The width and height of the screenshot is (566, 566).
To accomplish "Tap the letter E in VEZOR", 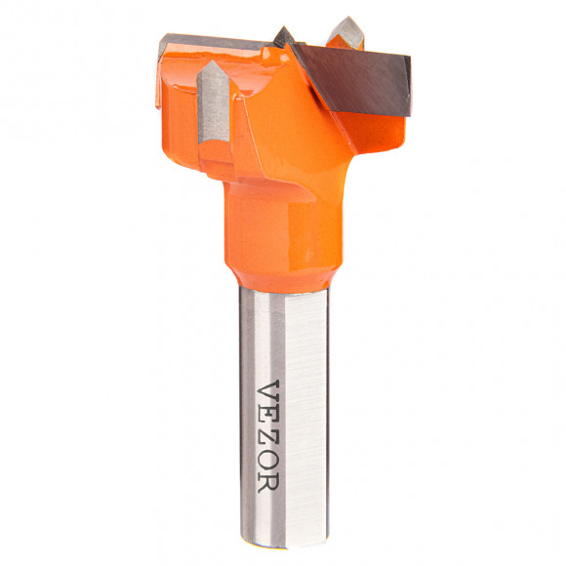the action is click(267, 418).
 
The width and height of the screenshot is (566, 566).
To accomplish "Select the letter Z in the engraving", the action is click(267, 440).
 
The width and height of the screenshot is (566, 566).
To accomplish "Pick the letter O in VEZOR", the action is click(267, 464).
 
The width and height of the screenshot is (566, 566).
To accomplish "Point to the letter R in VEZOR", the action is click(267, 485).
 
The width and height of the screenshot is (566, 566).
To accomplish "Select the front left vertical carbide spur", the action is click(214, 101).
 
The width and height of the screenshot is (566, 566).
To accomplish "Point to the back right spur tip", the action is click(347, 18).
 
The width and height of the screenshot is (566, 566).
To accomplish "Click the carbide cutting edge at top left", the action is click(210, 44).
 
